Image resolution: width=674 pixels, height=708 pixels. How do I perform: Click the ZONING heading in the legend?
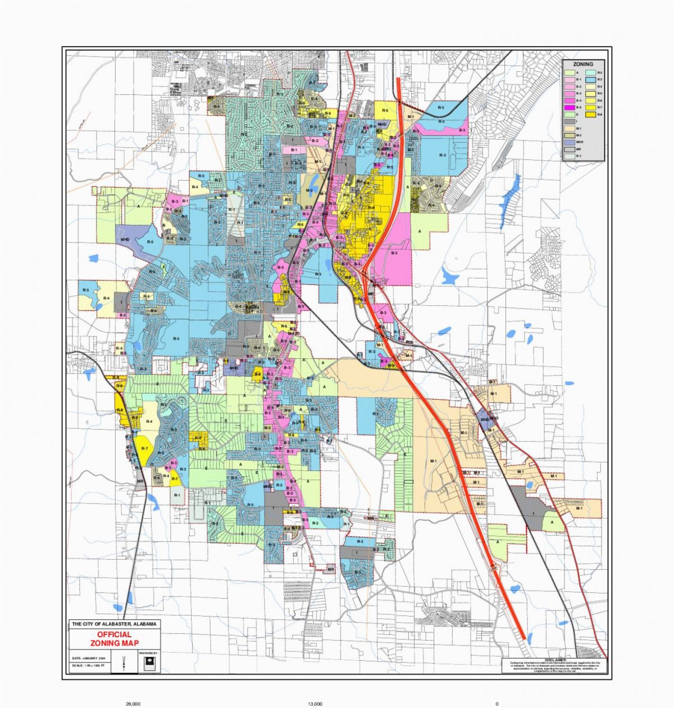583,64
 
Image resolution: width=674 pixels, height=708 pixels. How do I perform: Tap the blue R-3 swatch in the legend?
590,80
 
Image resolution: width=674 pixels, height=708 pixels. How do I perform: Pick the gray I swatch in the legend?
570,121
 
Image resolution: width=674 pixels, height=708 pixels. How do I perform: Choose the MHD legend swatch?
570,142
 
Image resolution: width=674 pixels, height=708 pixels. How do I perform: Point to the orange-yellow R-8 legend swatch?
590,115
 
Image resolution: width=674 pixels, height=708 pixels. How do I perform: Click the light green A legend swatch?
570,72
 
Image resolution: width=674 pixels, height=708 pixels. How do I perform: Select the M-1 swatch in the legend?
570,129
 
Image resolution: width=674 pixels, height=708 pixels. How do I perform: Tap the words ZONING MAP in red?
114,643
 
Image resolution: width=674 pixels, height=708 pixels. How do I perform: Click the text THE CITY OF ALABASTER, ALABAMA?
114,624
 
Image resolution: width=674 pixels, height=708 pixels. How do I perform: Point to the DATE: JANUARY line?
89,658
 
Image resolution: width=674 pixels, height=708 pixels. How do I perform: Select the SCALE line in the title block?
88,665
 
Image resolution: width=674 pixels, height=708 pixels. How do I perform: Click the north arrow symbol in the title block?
124,663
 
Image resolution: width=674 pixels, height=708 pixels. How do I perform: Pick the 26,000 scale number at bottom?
133,704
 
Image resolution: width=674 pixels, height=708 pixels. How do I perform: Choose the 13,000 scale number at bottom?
315,704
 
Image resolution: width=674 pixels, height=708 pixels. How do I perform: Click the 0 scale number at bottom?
497,704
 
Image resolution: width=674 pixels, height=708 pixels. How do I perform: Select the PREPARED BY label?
148,653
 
